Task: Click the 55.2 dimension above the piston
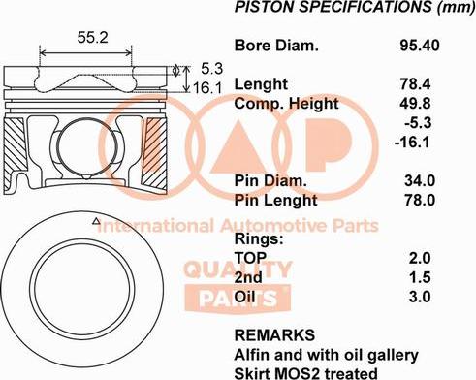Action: coord(91,38)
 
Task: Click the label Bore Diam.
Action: coord(276,46)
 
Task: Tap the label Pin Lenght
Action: coord(276,200)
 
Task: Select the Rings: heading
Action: coord(259,238)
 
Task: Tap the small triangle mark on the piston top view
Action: coord(94,223)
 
